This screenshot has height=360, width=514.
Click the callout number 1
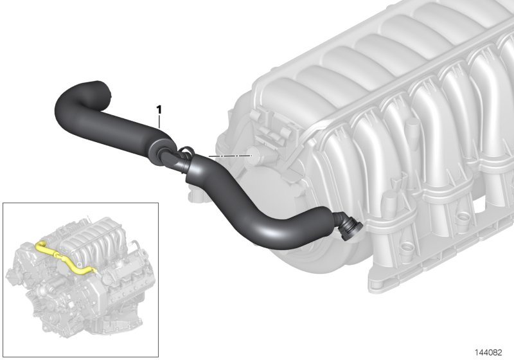[159, 110]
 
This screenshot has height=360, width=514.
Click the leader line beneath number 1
[159, 121]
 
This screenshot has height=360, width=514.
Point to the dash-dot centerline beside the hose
[229, 156]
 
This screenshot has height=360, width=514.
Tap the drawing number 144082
[488, 352]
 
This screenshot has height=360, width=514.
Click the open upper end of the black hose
[104, 87]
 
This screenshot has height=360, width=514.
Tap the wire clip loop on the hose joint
[186, 151]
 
